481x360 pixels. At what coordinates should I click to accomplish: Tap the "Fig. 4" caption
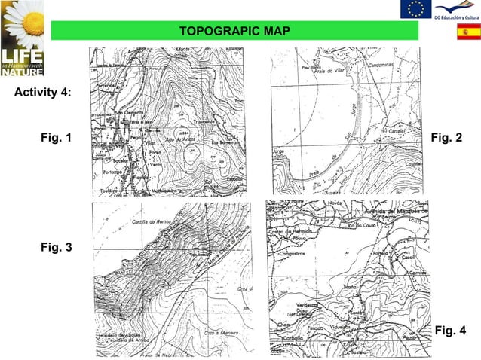[x=451, y=331]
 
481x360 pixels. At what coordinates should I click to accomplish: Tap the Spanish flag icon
[x=467, y=32]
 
